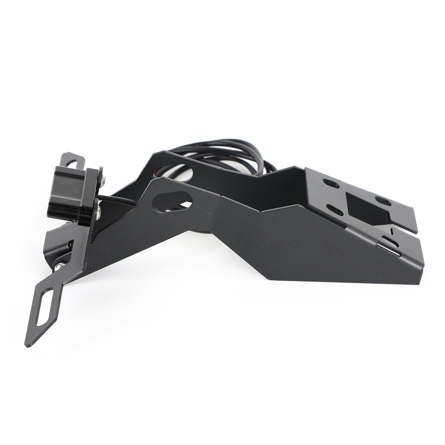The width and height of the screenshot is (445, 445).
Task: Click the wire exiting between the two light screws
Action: tap(117, 199)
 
